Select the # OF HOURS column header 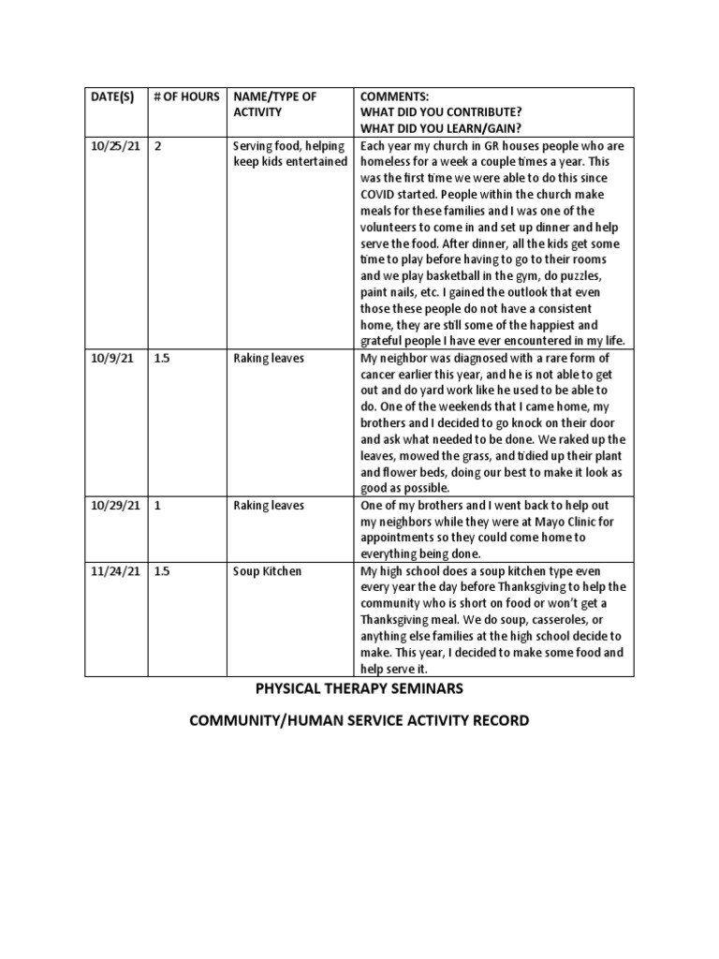coord(186,97)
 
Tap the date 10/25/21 coord(115,147)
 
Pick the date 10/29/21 coord(115,506)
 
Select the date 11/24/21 coord(115,571)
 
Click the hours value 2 coord(157,147)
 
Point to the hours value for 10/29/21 coord(157,506)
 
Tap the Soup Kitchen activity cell coord(267,571)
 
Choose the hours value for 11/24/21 coord(162,571)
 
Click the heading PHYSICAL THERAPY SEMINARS coord(359,690)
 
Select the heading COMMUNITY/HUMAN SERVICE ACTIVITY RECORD coord(359,721)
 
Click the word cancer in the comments coord(381,375)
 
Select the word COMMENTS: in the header coord(394,97)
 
